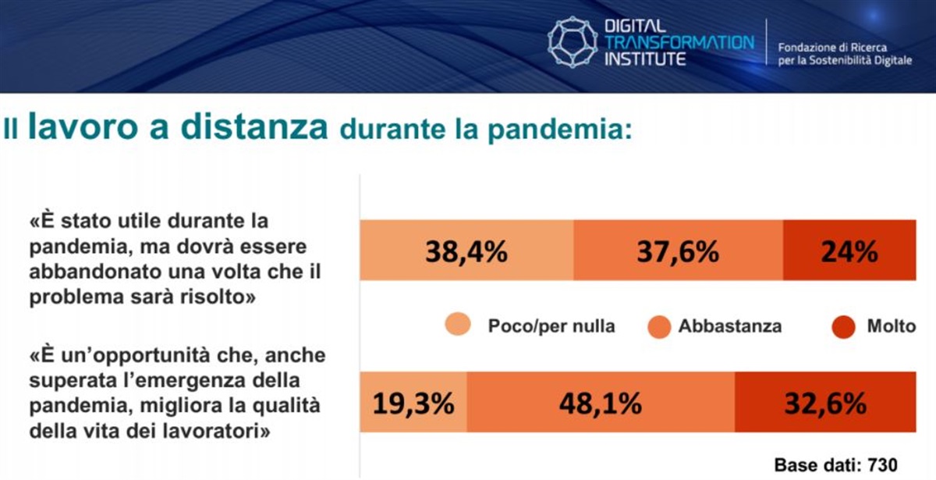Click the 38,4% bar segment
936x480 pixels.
[466, 250]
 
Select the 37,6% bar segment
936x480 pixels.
[678, 250]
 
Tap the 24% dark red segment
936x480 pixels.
[849, 250]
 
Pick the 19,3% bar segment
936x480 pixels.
[413, 402]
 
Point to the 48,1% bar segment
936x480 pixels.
[601, 402]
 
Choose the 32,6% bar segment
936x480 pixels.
[826, 402]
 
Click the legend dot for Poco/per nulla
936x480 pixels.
[458, 324]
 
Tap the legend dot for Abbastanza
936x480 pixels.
[659, 327]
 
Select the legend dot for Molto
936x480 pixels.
[843, 327]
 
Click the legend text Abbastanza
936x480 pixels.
[730, 326]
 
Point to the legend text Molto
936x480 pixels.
[892, 326]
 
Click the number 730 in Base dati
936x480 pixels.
[882, 465]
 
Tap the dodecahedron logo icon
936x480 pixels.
[572, 42]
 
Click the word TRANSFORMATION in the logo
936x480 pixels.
[679, 42]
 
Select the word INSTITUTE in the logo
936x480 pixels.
[645, 59]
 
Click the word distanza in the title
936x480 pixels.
[254, 126]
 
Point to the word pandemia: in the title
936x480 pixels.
[560, 130]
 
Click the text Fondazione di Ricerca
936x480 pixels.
[832, 48]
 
